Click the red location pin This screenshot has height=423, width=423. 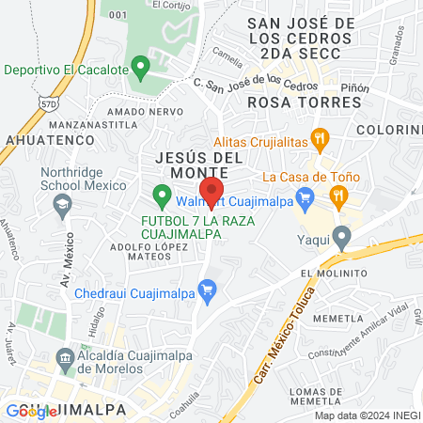211,191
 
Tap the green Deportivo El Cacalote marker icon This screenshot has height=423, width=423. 140,68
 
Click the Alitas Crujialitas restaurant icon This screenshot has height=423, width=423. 321,139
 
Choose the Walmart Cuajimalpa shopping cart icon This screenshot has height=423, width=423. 304,197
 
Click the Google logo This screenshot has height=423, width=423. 29,411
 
